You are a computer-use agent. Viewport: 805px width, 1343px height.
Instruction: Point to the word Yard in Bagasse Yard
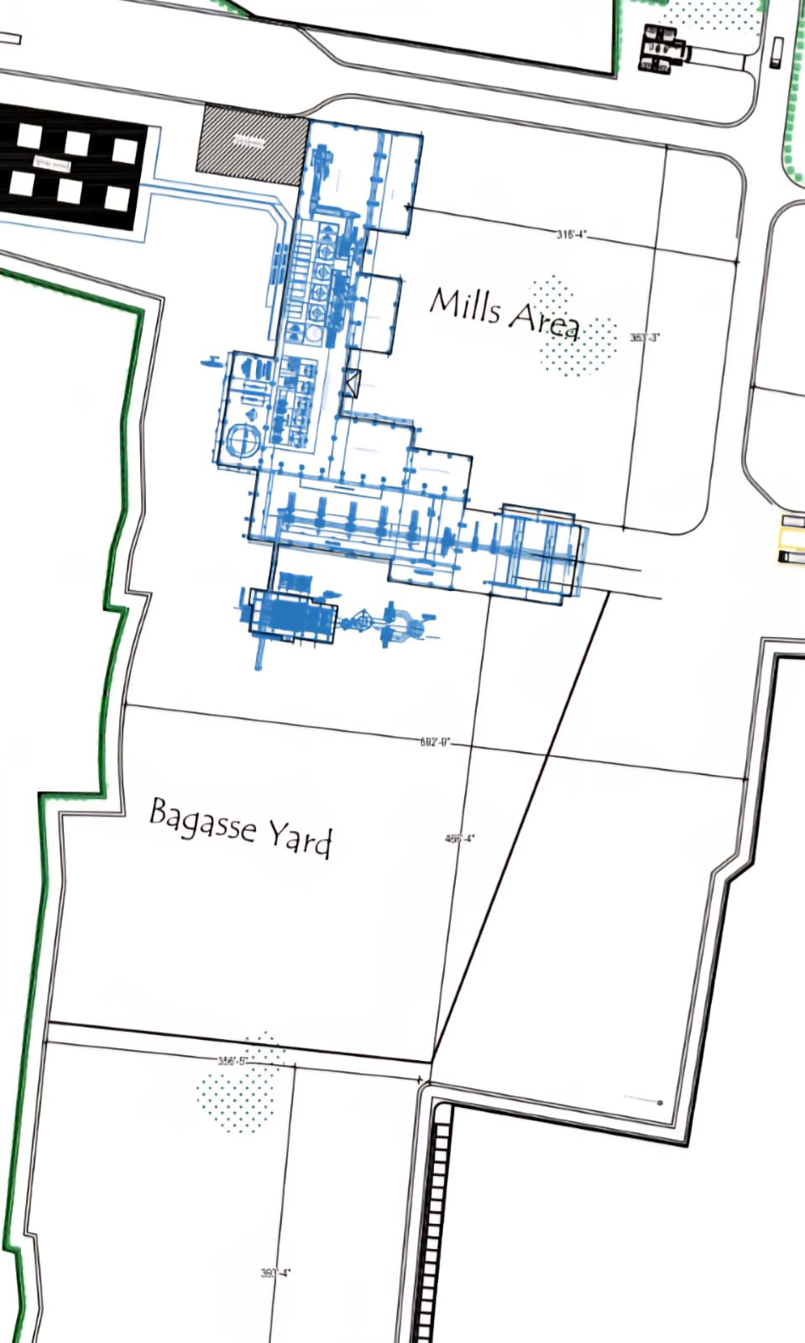pos(301,837)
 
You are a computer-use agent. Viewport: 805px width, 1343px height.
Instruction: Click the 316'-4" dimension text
pos(572,234)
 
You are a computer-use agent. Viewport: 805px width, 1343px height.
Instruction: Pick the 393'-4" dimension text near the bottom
pos(275,1273)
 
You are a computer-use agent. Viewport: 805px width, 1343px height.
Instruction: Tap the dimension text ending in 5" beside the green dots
pos(233,1061)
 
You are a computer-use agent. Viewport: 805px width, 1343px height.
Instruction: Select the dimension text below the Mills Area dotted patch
pos(645,337)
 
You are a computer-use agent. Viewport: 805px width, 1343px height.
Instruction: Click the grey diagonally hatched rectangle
pos(251,145)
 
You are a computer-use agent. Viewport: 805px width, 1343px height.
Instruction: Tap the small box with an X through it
pos(351,383)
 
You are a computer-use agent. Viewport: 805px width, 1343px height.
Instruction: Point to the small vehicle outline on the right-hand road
pos(776,52)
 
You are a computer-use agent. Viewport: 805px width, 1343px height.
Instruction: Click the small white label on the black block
pos(50,164)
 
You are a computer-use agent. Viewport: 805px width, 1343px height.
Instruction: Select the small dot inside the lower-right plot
pos(660,1102)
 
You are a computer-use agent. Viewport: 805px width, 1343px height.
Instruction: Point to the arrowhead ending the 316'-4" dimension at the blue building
pos(408,206)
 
